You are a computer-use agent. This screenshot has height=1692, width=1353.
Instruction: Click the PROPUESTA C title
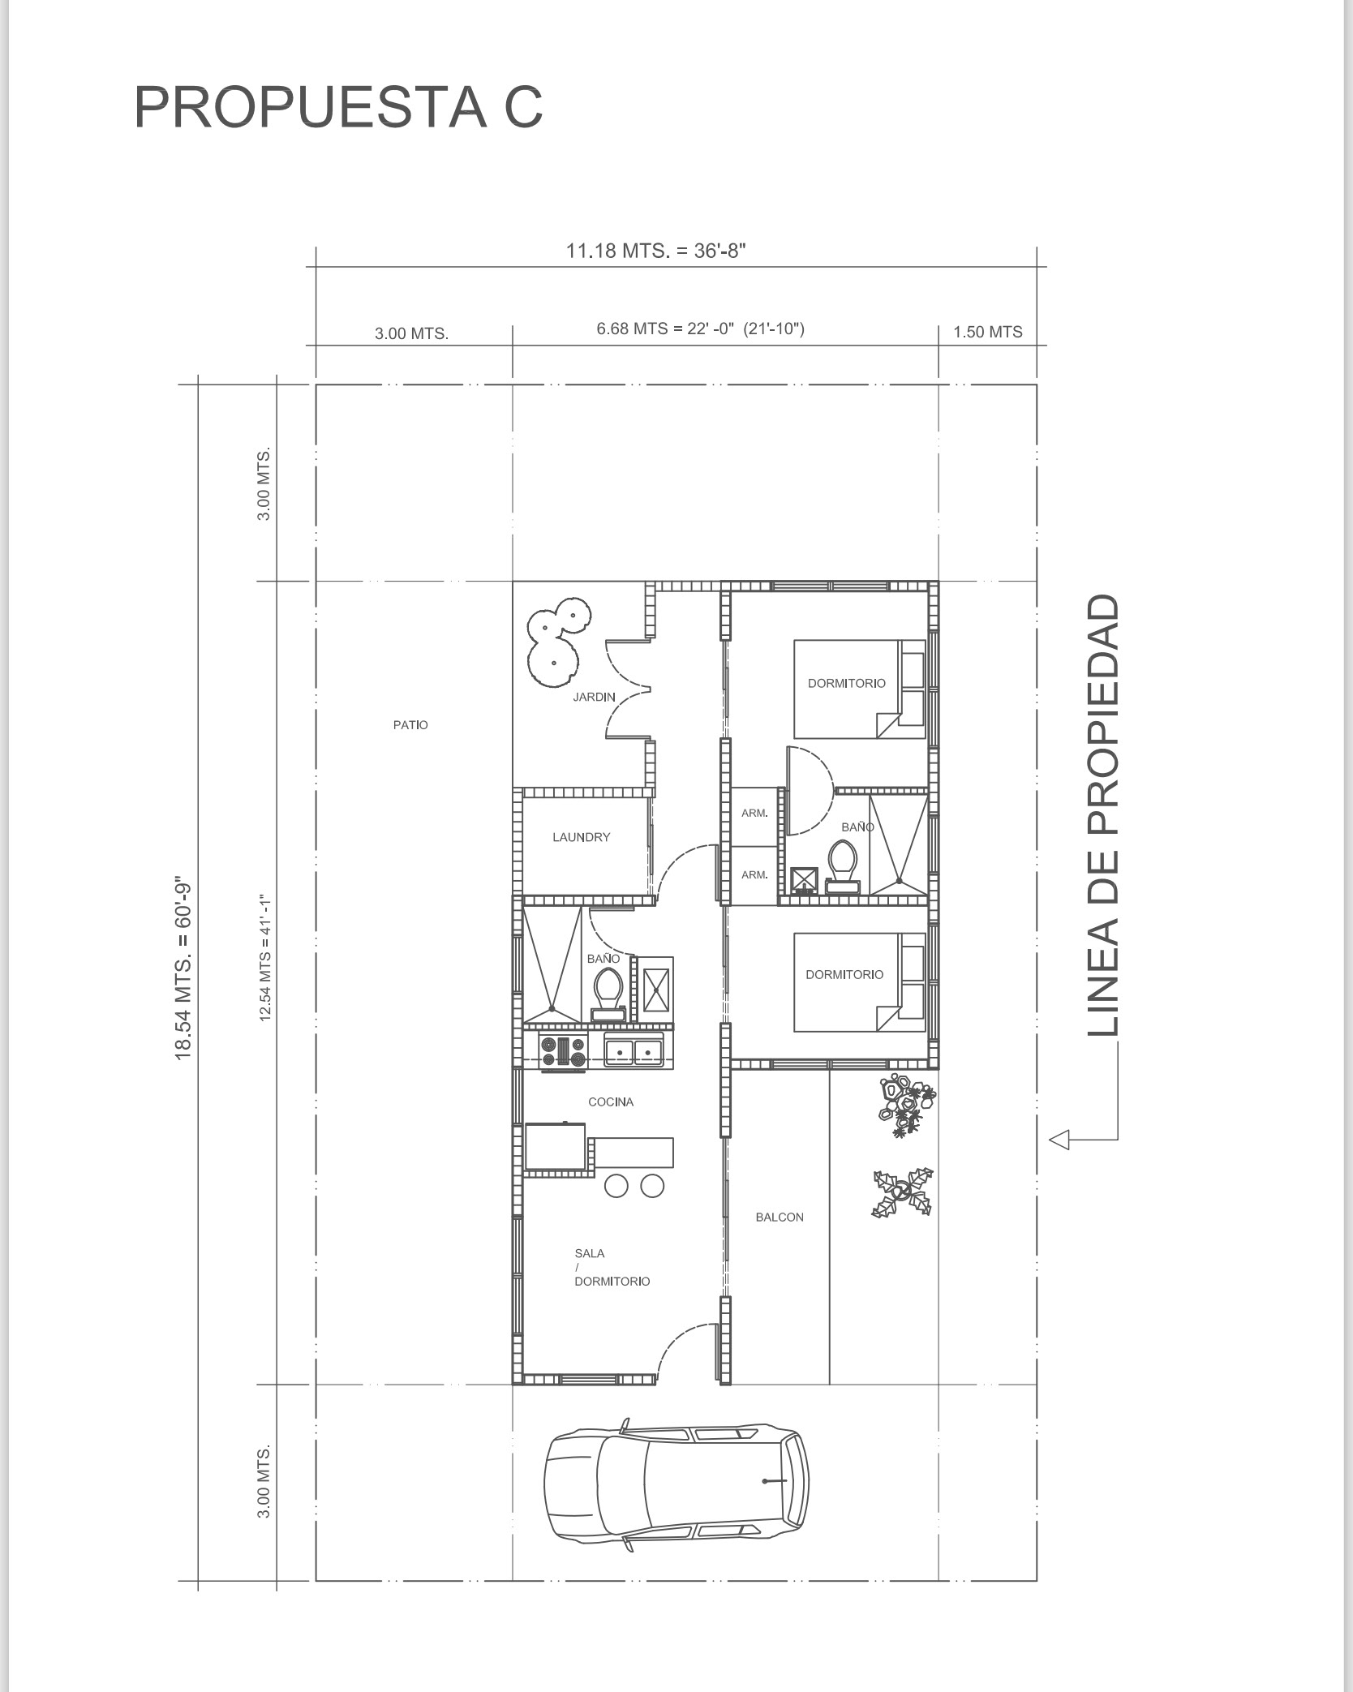(x=337, y=107)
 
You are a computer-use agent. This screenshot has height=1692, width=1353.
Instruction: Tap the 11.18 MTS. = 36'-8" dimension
(x=655, y=251)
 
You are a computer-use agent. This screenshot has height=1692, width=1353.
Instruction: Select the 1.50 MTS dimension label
(x=987, y=332)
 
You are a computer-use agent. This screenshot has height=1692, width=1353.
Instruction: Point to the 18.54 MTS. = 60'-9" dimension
(x=183, y=969)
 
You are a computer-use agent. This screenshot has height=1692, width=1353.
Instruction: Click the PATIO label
(x=410, y=725)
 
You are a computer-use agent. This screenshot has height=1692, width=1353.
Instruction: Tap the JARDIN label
(x=594, y=697)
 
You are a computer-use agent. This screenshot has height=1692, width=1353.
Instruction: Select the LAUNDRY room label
(x=581, y=837)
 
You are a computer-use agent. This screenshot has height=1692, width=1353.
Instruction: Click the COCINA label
(x=611, y=1102)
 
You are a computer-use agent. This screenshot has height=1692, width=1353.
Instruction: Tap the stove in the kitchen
(x=563, y=1052)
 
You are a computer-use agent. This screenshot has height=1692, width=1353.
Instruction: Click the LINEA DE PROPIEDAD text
(x=1103, y=815)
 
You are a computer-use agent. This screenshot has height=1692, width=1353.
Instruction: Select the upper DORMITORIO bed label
(x=847, y=683)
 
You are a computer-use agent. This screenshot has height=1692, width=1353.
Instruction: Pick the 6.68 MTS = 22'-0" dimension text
(x=700, y=329)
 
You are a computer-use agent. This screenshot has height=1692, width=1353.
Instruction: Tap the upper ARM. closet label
(x=754, y=813)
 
